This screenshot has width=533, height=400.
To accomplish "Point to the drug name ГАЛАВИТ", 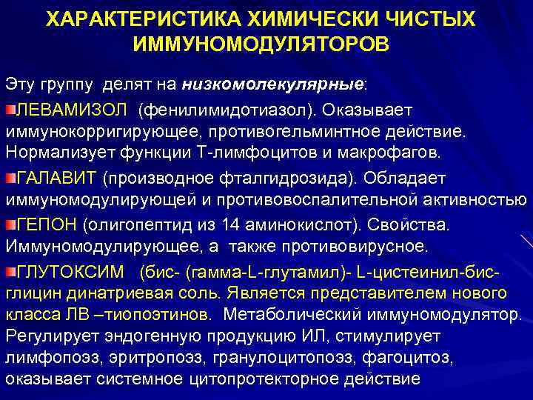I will pyautogui.click(x=57, y=179).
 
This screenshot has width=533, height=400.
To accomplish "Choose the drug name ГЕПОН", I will pyautogui.click(x=48, y=222).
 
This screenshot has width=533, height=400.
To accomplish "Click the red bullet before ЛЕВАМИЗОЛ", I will pyautogui.click(x=11, y=110).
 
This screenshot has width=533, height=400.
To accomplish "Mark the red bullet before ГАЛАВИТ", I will pyautogui.click(x=11, y=179).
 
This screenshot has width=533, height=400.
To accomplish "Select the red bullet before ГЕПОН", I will pyautogui.click(x=11, y=223).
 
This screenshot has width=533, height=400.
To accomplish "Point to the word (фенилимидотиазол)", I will pyautogui.click(x=218, y=110).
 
